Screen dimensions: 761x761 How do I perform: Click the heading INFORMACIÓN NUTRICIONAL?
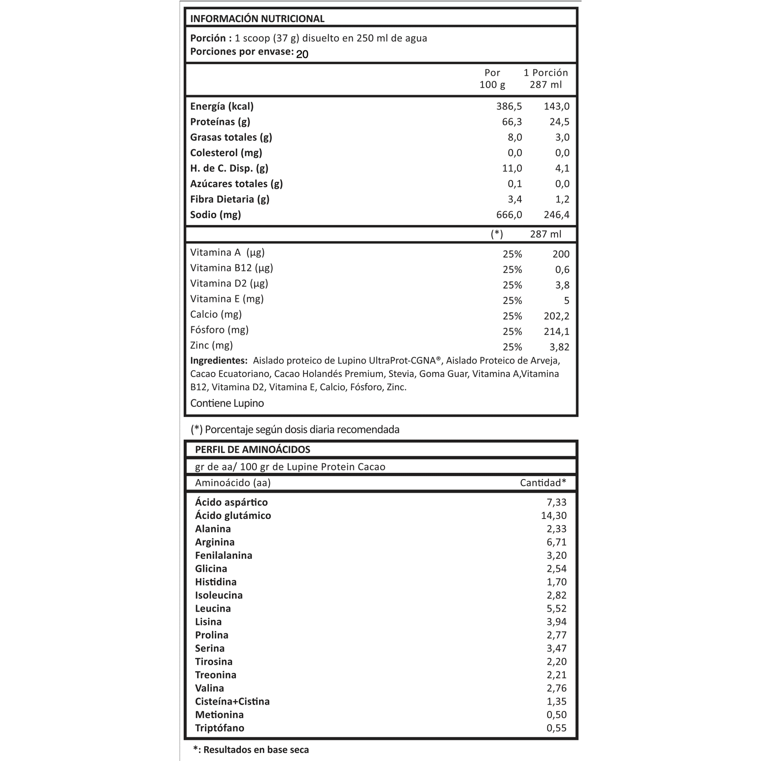point(257,18)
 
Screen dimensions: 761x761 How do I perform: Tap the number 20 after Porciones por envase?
point(302,54)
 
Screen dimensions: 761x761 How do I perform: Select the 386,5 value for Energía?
point(509,106)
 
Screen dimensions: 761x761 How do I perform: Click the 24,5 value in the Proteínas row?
point(559,122)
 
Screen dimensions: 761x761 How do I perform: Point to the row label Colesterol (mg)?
point(226,153)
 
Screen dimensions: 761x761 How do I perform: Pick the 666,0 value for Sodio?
point(509,215)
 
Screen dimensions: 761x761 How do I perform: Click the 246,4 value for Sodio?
point(556,215)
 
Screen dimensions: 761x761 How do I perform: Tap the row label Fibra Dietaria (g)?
point(230,199)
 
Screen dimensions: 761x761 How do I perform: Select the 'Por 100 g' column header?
point(492,78)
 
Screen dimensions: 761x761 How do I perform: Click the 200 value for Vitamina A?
point(561,254)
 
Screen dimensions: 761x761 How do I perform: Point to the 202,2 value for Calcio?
point(556,316)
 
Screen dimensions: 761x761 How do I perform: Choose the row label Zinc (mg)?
point(212,345)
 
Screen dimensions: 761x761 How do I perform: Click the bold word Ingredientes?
point(219,361)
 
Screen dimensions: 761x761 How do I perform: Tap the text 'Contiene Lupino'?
point(227,403)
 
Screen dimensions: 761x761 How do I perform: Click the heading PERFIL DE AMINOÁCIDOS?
point(253,449)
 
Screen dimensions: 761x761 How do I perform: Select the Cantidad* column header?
point(543,483)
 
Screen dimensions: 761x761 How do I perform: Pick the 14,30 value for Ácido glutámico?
point(553,515)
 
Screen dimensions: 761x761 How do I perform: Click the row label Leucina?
point(213,608)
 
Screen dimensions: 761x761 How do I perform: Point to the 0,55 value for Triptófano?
point(556,728)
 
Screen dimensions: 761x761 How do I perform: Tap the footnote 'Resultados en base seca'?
point(256,750)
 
